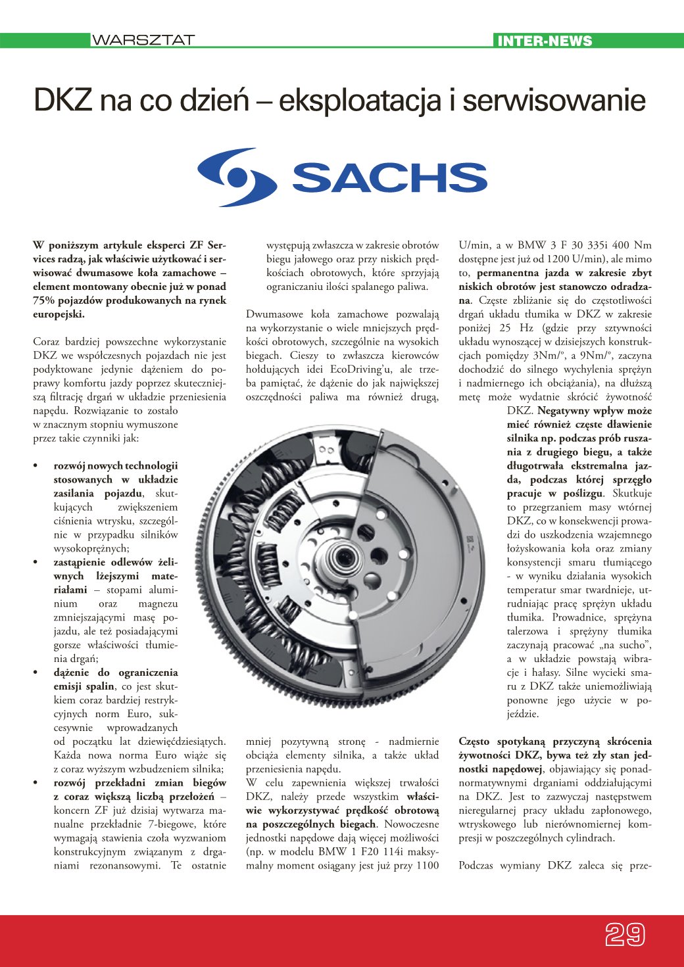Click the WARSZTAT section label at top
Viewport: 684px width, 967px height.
143,40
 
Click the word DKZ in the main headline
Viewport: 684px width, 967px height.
62,101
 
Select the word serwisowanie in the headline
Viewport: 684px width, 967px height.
554,101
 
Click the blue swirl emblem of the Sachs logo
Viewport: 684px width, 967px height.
237,177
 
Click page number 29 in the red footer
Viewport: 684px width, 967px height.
624,934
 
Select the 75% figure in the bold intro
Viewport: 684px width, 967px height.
45,300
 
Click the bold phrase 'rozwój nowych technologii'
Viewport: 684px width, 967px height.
116,465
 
